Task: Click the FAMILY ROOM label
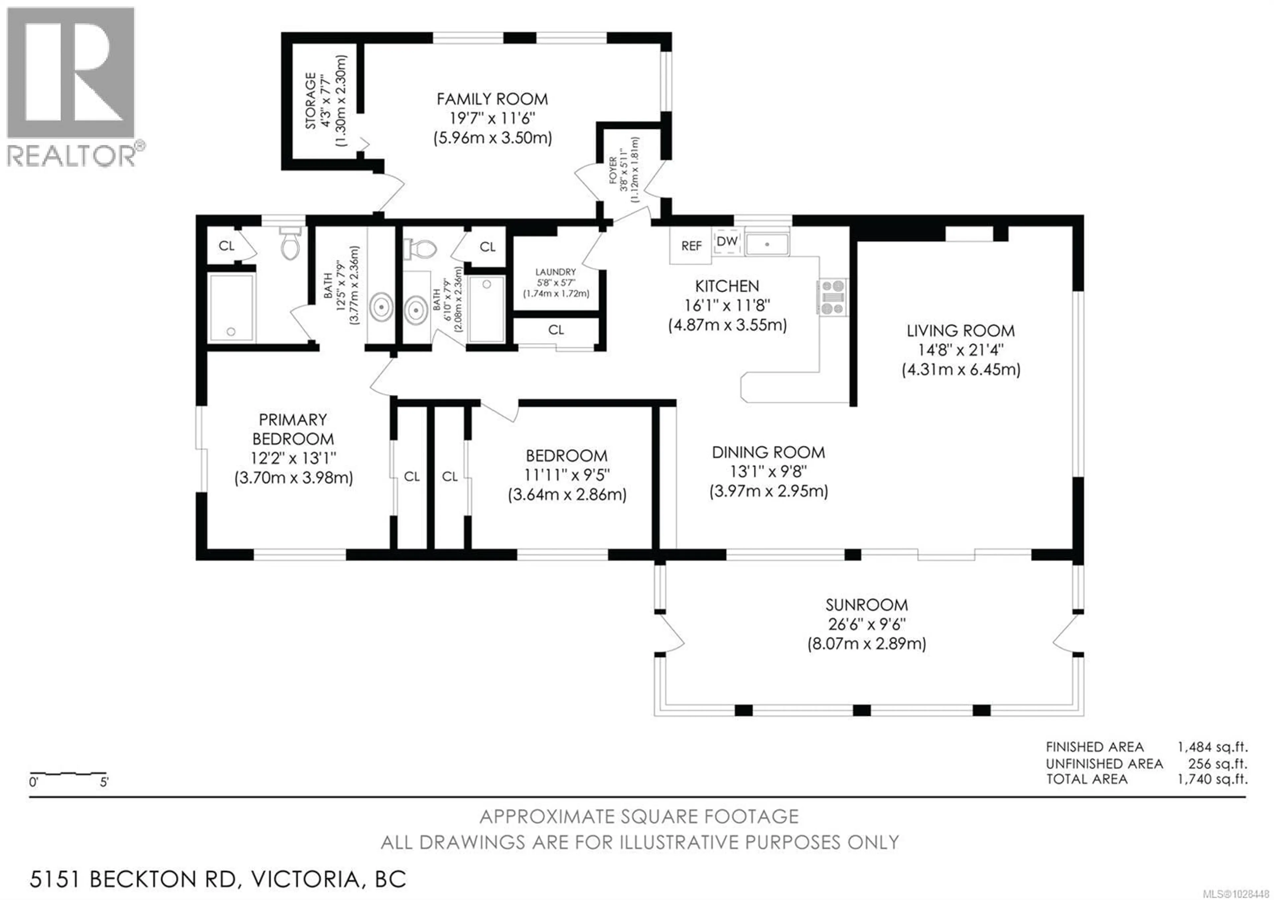tap(492, 99)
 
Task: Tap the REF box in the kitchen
tap(691, 246)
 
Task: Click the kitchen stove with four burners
tap(832, 297)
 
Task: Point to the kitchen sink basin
tap(766, 245)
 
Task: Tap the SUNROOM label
tap(866, 605)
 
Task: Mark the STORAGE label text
tap(310, 101)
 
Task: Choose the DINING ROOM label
tap(768, 452)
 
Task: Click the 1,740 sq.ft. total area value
tap(1212, 779)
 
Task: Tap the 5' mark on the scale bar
tap(104, 783)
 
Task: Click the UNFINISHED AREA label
tap(1104, 764)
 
